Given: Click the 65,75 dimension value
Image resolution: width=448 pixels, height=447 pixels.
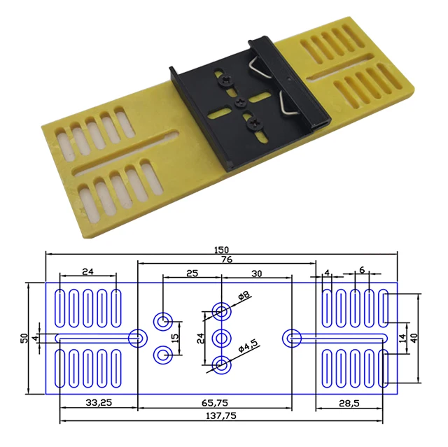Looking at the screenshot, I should pos(215,403).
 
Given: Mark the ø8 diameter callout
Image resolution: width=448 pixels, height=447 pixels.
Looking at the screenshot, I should pos(245,296).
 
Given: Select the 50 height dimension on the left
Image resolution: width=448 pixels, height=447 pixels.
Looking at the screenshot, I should pos(25,338).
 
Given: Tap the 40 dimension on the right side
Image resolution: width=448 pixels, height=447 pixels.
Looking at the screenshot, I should pos(414,337).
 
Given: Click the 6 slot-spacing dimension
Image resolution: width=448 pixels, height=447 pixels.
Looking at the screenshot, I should pos(361,270).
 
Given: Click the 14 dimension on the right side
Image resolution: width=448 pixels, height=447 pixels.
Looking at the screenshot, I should pos(402,337).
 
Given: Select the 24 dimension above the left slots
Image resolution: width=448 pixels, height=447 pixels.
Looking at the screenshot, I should pos(87,271).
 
